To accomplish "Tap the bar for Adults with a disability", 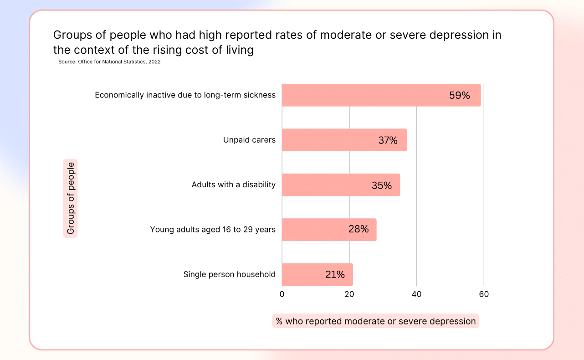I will [328, 185].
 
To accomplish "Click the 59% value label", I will [459, 96].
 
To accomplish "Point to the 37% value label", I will [388, 140].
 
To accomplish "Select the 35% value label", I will [381, 185].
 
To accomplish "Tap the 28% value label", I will [359, 229].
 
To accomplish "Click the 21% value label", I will [335, 275].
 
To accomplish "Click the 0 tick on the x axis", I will [282, 294].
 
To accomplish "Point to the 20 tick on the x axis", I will [349, 294].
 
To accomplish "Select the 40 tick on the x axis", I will [416, 294].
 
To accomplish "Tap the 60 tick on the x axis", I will [484, 294].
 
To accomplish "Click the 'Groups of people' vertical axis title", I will [71, 198].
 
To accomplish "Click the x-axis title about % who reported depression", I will [375, 321].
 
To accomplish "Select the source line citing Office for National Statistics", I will [109, 62].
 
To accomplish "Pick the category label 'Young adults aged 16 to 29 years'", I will [213, 230].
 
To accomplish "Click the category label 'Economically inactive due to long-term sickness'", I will [185, 95].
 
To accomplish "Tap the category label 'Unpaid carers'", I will [249, 140].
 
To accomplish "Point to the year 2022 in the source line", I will [154, 62].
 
